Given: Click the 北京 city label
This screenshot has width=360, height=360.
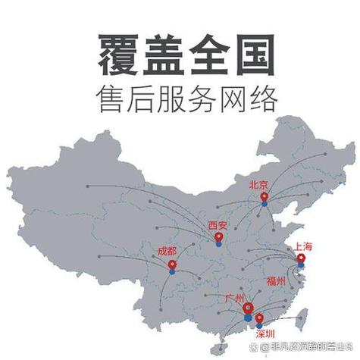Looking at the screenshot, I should pyautogui.click(x=258, y=184).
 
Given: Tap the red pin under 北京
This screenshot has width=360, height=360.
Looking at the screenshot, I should pyautogui.click(x=264, y=196).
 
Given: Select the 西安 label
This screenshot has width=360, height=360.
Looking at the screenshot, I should pyautogui.click(x=218, y=225).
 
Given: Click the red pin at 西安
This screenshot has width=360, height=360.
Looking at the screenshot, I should pyautogui.click(x=218, y=238).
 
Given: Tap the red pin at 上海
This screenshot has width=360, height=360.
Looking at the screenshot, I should pyautogui.click(x=301, y=258).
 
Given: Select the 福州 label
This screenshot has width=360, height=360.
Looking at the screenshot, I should pyautogui.click(x=276, y=280).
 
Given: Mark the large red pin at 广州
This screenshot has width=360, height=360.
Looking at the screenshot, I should pyautogui.click(x=248, y=308).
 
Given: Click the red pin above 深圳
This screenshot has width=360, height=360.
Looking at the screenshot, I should pyautogui.click(x=259, y=318).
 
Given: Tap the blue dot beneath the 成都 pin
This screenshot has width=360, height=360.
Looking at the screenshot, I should pyautogui.click(x=172, y=269).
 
